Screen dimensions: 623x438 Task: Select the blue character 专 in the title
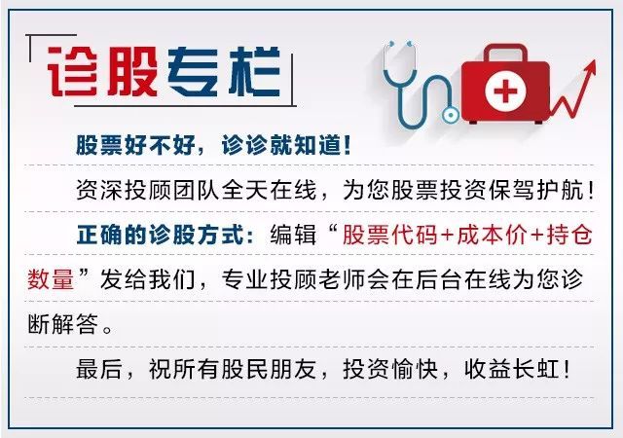(194, 72)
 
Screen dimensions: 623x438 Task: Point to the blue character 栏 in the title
(255, 72)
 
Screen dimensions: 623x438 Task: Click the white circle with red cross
(505, 91)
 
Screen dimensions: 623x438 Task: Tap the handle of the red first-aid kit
(505, 53)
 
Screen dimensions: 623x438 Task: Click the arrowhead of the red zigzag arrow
(591, 68)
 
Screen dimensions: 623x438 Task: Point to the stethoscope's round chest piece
(450, 116)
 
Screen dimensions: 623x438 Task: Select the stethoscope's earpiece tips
(400, 43)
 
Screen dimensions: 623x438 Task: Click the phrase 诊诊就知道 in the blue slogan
(286, 145)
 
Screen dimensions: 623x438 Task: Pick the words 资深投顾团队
(148, 190)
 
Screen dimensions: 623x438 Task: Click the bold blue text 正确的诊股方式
(161, 235)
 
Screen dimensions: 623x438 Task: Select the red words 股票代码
(390, 235)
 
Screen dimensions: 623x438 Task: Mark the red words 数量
(52, 279)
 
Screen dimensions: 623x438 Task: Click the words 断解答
(62, 324)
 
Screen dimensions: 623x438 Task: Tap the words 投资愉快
(390, 369)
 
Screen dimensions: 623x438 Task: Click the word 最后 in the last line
(99, 369)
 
